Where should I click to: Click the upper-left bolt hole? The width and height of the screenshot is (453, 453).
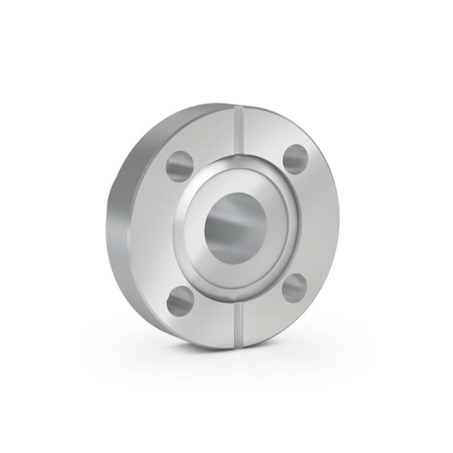179,164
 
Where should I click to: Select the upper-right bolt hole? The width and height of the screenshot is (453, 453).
295,159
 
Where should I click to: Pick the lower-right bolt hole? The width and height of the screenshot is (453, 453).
295,287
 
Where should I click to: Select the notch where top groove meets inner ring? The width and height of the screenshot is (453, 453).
239,157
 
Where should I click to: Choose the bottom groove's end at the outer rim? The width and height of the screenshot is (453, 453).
239,347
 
